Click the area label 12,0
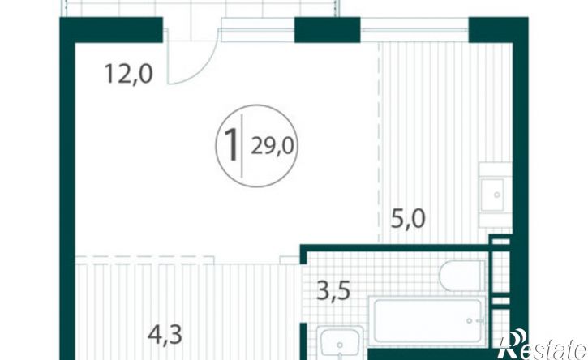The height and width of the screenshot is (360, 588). point(129,74)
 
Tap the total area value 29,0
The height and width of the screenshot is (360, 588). point(273,146)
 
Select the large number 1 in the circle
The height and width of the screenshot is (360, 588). point(231,145)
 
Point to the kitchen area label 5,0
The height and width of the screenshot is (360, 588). point(408,219)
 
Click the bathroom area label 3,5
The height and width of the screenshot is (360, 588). point(334,290)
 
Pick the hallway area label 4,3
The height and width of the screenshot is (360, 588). point(165,335)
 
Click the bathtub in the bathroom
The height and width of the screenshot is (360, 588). point(427,320)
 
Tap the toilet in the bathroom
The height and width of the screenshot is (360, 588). point(462,276)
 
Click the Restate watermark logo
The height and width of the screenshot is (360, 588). point(543,345)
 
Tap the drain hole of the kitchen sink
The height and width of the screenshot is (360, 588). point(497,195)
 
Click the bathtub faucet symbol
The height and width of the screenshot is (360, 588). point(474,320)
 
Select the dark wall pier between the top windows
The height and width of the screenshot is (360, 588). point(328,30)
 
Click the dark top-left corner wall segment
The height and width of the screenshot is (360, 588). point(111,30)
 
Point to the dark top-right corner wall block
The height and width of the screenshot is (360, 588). point(498,30)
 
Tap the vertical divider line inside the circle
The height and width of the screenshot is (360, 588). point(242,145)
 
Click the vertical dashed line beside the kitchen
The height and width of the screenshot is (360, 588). point(379,143)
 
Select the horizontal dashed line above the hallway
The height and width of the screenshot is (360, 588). point(144,257)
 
